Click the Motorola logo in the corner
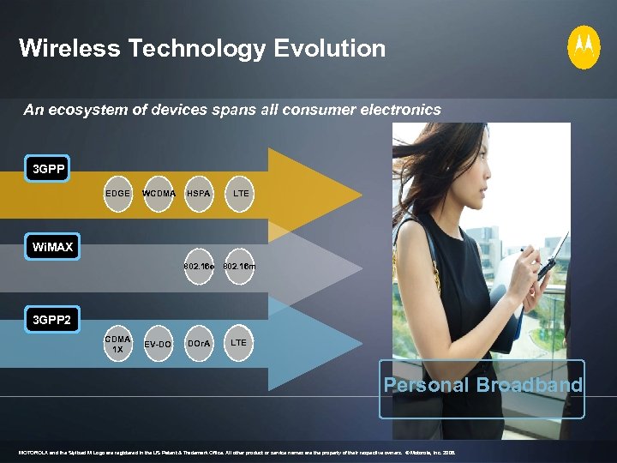pos(584,47)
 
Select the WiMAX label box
pos(52,249)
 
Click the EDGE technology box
pos(118,194)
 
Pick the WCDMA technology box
pos(159,194)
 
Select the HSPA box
pos(198,194)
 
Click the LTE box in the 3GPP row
pos(241,194)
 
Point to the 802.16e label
pos(199,268)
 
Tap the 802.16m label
pos(239,268)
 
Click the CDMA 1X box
pos(118,344)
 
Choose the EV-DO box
pos(159,344)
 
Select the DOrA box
pos(198,344)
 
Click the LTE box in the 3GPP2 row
pos(239,343)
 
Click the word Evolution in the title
pos(330,49)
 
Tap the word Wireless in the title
pos(69,49)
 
